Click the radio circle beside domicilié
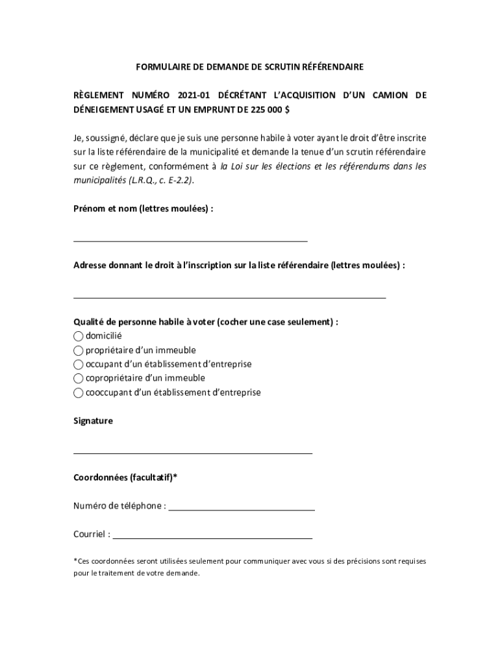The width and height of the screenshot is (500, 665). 79,336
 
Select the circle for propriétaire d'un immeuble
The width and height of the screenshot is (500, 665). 79,351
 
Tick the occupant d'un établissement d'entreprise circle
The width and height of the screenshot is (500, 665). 79,364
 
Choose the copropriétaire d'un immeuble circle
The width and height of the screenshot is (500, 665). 79,379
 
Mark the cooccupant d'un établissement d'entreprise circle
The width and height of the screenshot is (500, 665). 79,393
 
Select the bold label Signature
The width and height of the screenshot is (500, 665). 93,421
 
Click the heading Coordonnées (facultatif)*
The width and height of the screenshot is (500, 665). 125,478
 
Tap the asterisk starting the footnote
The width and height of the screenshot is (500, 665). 75,560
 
